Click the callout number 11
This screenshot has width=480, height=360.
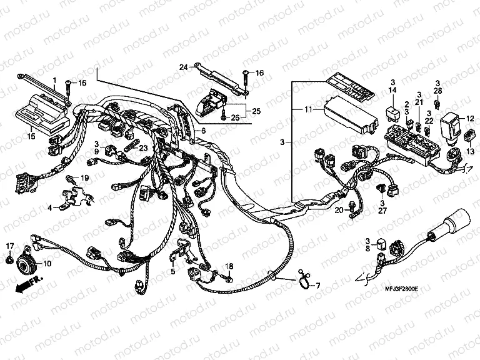(x=307, y=110)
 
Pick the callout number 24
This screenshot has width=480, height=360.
(x=184, y=67)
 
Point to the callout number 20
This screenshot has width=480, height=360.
(x=339, y=211)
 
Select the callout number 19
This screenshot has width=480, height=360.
(x=85, y=178)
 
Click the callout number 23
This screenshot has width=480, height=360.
(x=143, y=148)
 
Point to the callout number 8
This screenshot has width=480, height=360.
(x=368, y=247)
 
